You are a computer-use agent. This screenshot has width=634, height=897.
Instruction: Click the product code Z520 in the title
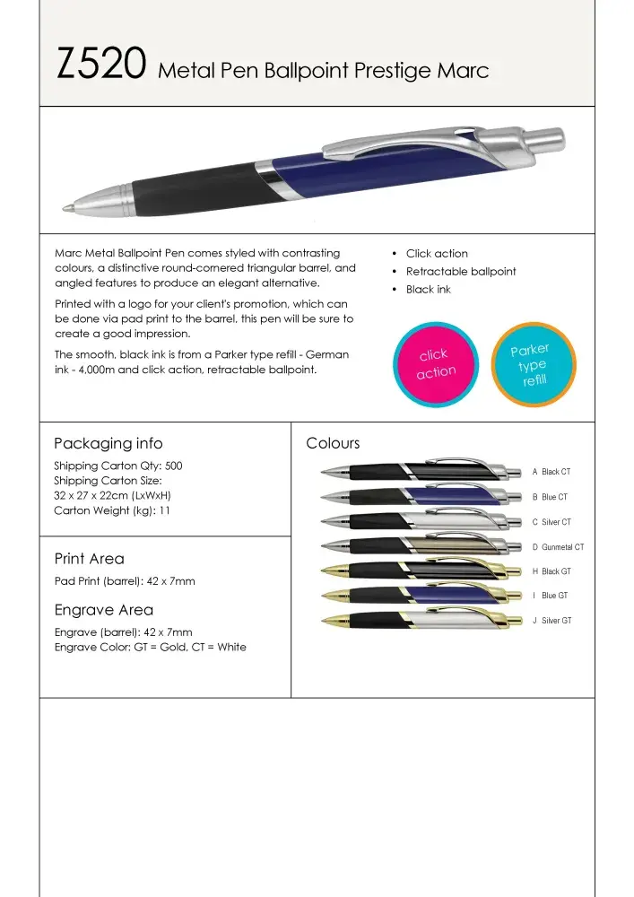pos(100,66)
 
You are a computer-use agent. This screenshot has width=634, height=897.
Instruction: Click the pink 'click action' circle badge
pos(436,363)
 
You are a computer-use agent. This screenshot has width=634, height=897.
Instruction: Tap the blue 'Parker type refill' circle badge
pos(532,365)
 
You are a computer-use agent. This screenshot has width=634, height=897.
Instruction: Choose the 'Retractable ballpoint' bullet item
pos(460,272)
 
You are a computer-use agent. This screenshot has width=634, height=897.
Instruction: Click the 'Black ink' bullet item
pos(428,290)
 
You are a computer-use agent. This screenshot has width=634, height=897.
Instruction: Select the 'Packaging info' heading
pos(108,443)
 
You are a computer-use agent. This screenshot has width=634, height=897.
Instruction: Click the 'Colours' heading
pos(333,443)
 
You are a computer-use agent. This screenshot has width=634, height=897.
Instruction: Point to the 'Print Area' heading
pos(89,559)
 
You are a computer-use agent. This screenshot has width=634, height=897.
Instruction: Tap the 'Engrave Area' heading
pos(98,611)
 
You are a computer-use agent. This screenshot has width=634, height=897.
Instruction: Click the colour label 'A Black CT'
pos(551,472)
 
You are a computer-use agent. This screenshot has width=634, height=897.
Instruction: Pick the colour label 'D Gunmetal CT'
pos(558,547)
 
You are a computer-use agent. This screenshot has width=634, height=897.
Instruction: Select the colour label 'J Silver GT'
pos(551,621)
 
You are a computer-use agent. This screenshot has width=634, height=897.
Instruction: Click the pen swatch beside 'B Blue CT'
pos(421,496)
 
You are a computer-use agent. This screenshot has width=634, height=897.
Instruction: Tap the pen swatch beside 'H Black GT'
pos(421,570)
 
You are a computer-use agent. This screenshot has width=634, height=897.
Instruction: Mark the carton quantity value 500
pos(173,466)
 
